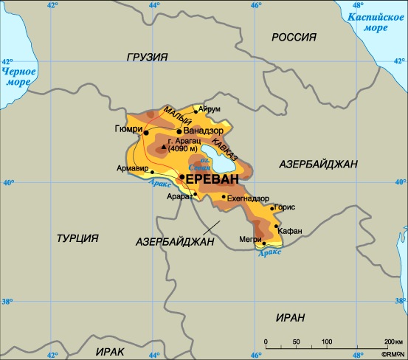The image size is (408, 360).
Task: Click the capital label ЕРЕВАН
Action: click(212, 181)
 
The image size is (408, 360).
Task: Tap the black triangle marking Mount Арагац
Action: click(163, 147)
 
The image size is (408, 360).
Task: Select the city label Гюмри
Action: click(128, 128)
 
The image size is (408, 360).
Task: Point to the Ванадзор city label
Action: click(202, 131)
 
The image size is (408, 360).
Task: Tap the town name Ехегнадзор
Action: click(249, 198)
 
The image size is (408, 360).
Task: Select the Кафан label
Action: click(291, 231)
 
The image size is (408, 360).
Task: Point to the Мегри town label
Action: click(251, 238)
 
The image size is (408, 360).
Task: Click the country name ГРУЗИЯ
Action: click(147, 57)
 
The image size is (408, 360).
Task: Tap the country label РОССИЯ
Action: click(294, 37)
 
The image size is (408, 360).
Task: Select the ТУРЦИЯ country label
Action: click(77, 237)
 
